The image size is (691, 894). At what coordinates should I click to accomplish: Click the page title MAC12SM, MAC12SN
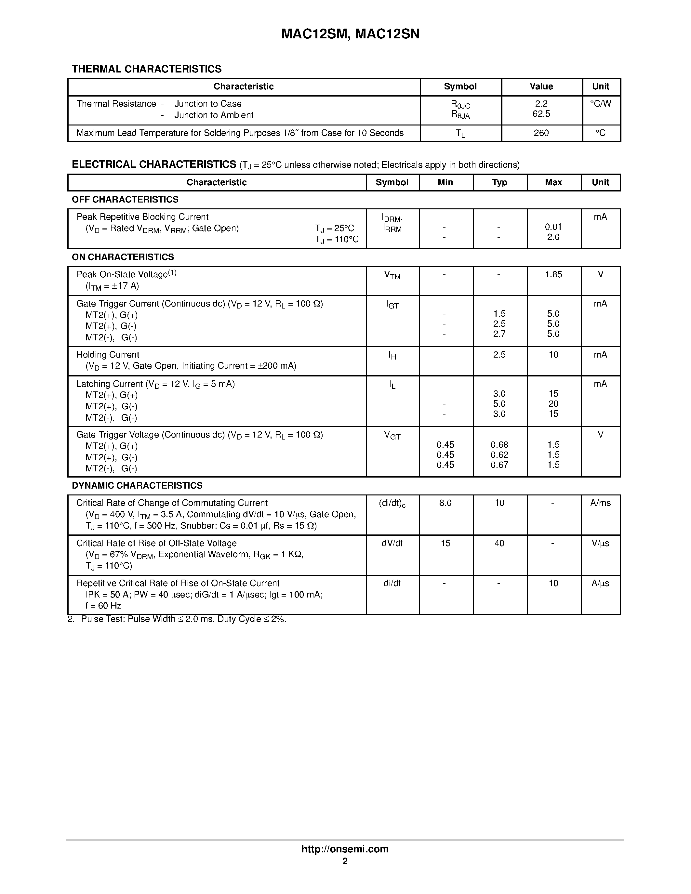coord(350,34)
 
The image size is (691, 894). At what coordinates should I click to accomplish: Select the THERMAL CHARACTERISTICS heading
coord(147,69)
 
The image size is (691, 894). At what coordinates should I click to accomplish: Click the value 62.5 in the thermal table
coord(541,114)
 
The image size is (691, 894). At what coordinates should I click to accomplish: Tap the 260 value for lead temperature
coord(541,133)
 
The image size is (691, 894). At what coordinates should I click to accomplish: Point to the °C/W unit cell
coord(600,104)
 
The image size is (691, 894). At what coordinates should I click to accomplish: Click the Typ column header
coord(499,183)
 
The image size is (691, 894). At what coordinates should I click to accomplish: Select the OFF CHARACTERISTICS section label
coord(125,199)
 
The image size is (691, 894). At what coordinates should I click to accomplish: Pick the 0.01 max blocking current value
coord(553,227)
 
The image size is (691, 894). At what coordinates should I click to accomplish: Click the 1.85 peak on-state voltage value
coord(553,274)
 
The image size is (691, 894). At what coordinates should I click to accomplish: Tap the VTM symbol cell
coord(392,275)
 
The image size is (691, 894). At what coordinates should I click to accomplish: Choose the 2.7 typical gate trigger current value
coord(499,334)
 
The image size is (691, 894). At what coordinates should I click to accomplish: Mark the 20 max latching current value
coord(553,404)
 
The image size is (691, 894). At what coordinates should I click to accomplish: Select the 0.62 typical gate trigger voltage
coord(499,455)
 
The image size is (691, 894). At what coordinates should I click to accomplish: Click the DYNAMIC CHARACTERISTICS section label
coord(137,485)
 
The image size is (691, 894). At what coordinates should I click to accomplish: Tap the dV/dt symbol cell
coord(392,543)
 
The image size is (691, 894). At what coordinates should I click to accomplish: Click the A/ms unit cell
coord(600,503)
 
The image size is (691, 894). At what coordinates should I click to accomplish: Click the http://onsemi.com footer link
coord(345,849)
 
